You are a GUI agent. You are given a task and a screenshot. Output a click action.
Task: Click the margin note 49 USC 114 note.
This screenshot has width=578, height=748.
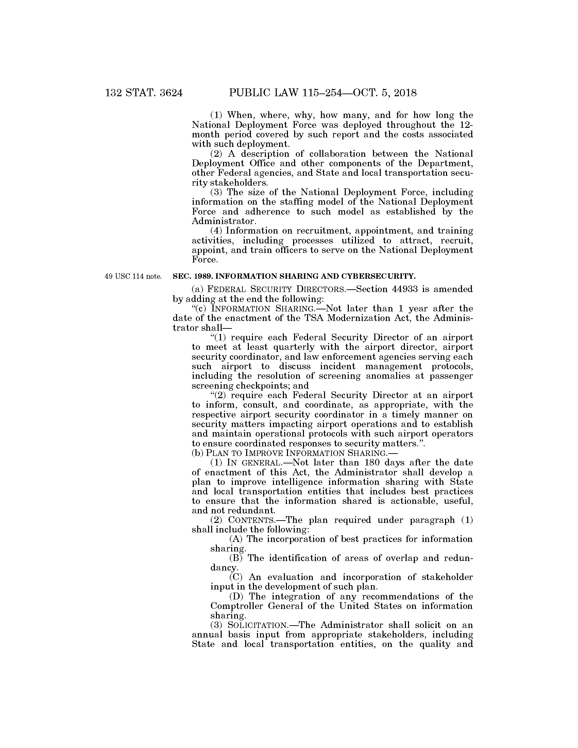coord(133,276)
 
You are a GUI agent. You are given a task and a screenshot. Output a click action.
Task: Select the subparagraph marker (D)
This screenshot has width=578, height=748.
coord(237,596)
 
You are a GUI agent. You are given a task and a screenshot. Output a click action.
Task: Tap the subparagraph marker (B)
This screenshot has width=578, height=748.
coord(236,558)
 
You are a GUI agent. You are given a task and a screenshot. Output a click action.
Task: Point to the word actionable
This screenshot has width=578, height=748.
coord(427,501)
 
